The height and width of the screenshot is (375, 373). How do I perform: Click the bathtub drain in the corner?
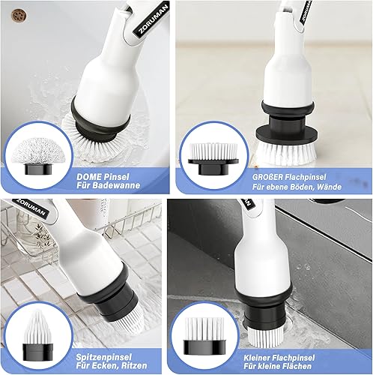[x=19, y=15]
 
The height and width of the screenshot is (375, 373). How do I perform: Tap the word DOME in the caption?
[x=89, y=177]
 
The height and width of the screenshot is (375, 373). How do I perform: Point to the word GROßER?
[x=268, y=177]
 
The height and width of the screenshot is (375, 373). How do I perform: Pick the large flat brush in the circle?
[x=213, y=158]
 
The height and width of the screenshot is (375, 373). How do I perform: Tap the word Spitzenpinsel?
[x=103, y=357]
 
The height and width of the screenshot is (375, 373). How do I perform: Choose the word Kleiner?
[x=258, y=358]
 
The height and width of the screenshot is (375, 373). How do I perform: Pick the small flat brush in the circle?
[x=204, y=334]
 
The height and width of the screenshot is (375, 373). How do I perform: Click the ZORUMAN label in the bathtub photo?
[x=151, y=19]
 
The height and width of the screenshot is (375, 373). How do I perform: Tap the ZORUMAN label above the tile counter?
[x=32, y=208]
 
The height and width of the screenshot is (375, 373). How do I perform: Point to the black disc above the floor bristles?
[x=287, y=135]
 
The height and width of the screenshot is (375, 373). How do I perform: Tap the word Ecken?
[x=106, y=365]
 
